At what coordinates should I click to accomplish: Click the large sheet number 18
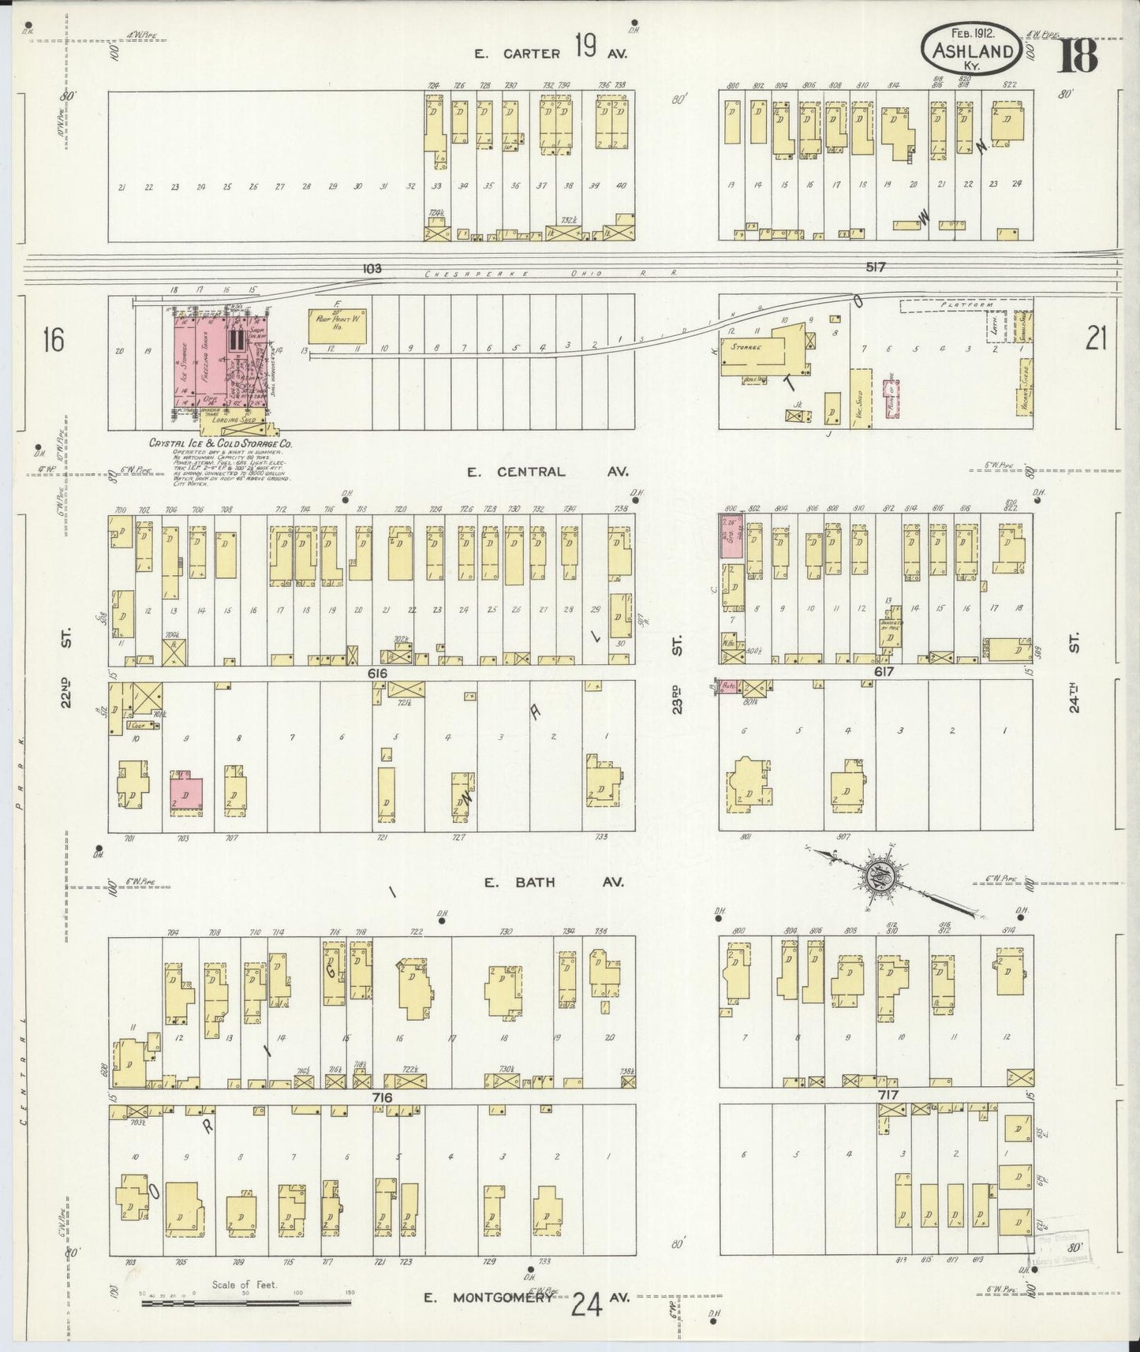point(1076,54)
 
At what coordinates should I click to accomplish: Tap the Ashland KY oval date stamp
point(972,48)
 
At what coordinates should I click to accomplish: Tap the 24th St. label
point(1074,697)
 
